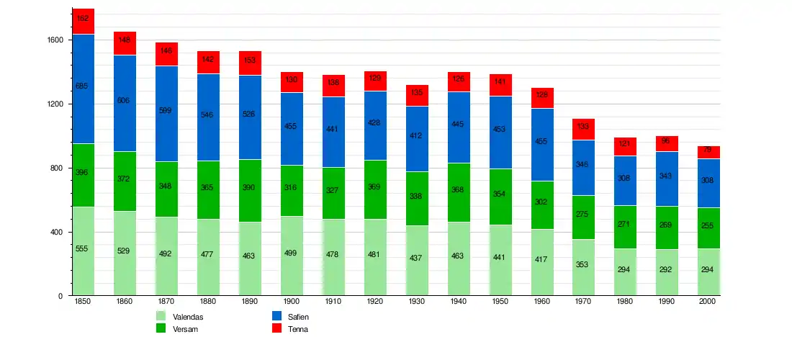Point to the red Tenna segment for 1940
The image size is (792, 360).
click(459, 81)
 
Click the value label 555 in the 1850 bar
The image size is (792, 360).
click(82, 248)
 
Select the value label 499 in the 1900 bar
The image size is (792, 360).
click(292, 253)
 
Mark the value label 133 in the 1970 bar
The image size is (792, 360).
click(584, 127)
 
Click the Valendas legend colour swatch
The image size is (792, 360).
click(161, 316)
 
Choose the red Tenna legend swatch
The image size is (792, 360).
click(276, 328)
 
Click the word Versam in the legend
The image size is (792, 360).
click(185, 329)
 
